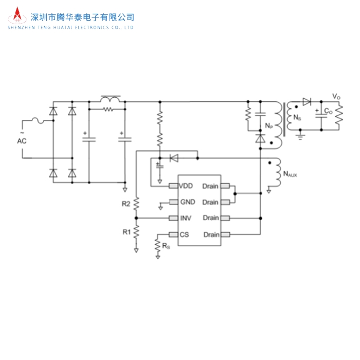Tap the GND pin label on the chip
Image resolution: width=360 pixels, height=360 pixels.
[187, 202]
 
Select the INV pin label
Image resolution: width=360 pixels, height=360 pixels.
[186, 218]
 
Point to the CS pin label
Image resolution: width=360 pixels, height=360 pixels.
[184, 235]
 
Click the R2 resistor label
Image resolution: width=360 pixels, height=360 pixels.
[126, 204]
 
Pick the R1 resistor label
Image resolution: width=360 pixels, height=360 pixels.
[126, 232]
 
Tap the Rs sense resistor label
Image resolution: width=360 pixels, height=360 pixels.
[166, 246]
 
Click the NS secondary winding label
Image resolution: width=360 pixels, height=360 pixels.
[296, 118]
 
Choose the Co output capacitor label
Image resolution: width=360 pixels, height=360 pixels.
[329, 111]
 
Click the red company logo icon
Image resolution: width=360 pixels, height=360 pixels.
[19, 15]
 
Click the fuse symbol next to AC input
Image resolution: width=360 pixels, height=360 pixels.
[39, 121]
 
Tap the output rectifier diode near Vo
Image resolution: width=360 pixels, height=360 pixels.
[308, 102]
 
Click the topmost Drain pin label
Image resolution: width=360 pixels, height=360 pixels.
[210, 186]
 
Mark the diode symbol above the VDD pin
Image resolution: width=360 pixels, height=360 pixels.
[173, 158]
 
